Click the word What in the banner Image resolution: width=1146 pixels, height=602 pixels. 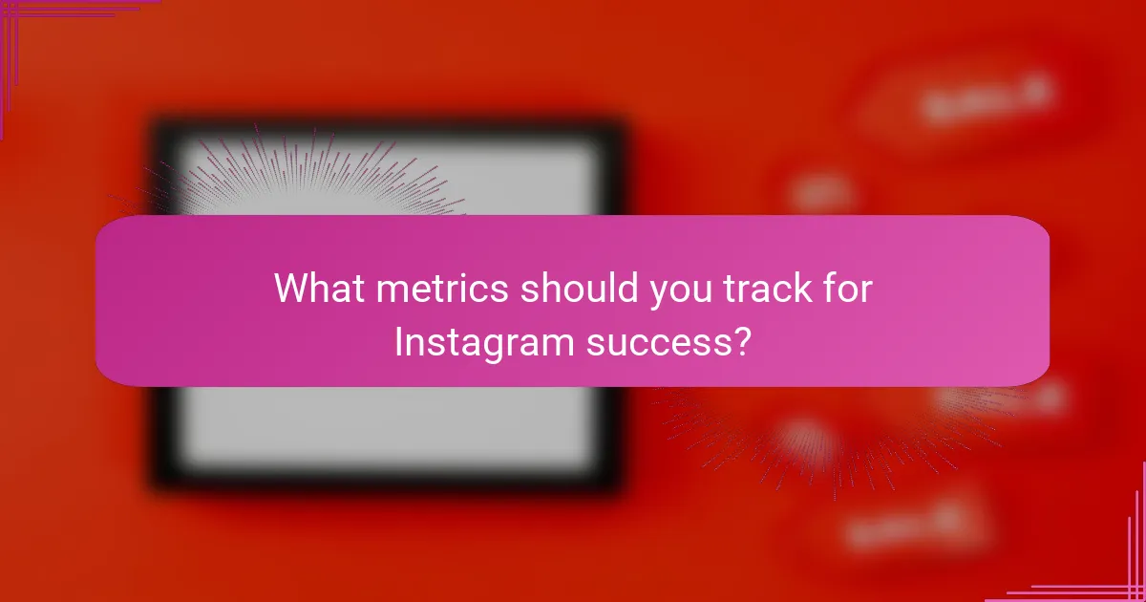pos(319,289)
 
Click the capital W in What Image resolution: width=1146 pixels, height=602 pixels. pos(292,289)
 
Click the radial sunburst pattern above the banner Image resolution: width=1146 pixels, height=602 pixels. pos(306,177)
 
